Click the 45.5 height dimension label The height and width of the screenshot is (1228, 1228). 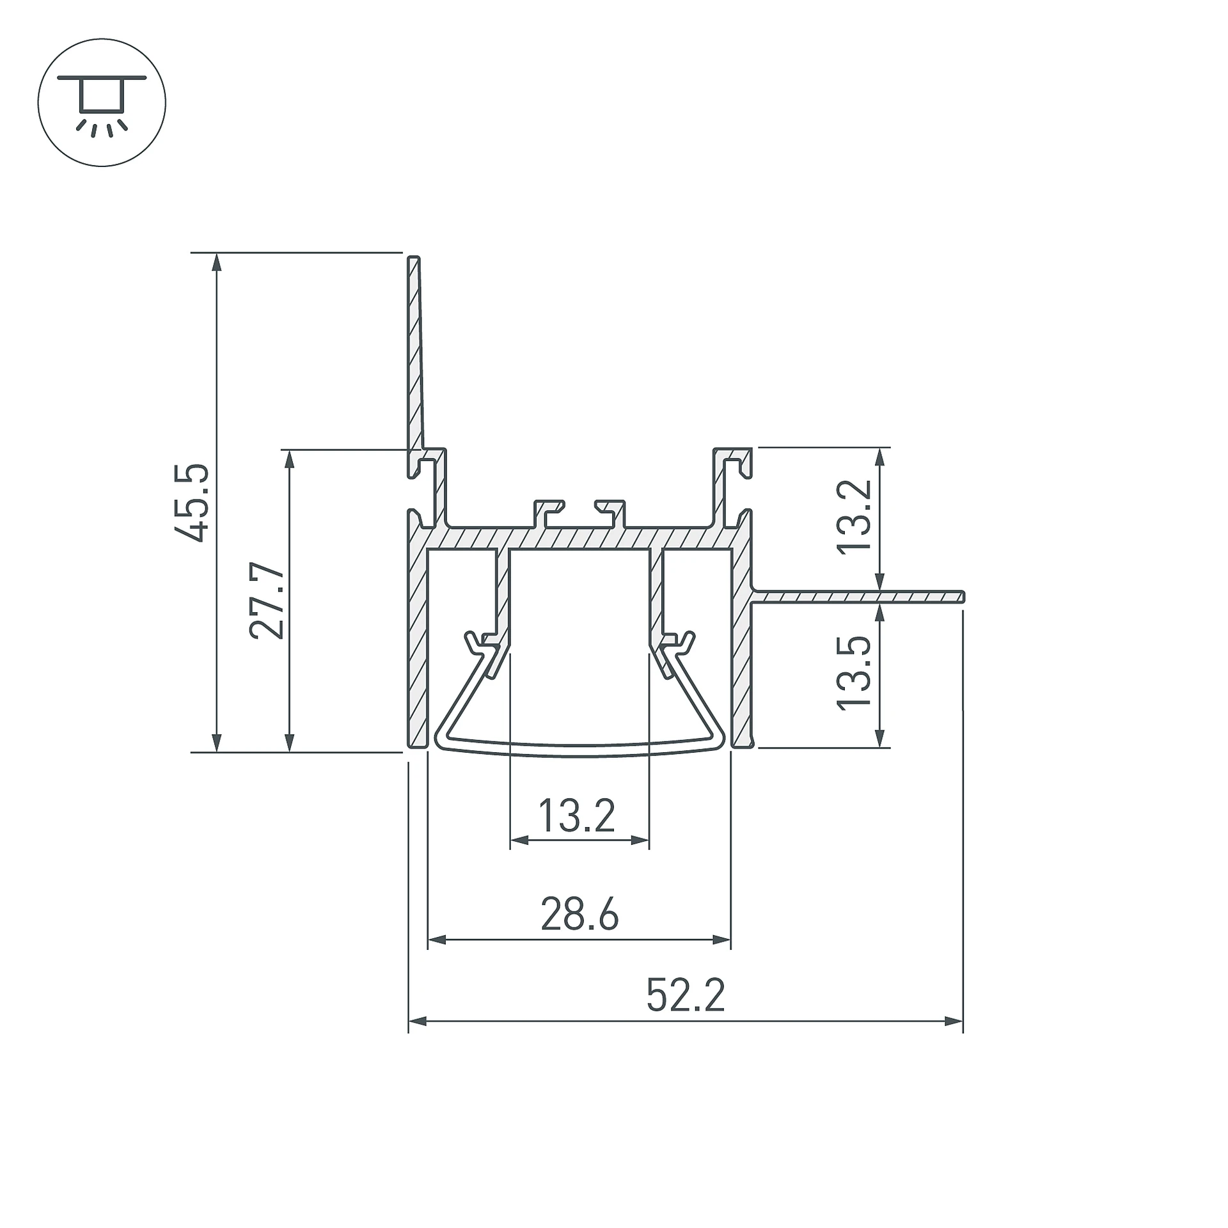[x=191, y=503]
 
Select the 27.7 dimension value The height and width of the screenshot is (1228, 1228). [x=266, y=601]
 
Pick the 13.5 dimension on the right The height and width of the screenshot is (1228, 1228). [x=854, y=672]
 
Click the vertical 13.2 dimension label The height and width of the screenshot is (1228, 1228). [x=854, y=517]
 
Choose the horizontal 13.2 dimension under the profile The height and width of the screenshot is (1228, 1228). [x=577, y=815]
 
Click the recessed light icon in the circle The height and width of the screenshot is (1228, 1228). [x=102, y=102]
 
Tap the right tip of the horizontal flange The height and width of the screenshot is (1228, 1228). [x=963, y=597]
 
